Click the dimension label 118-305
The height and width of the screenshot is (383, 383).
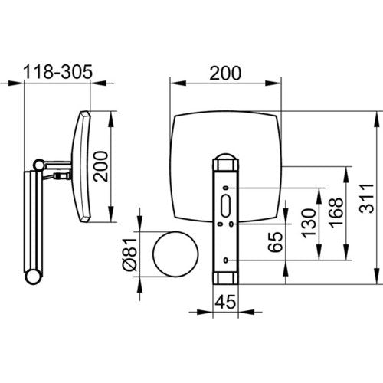[x=57, y=72]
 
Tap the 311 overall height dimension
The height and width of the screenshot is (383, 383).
[x=367, y=198]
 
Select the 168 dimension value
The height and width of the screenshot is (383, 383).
[x=336, y=212]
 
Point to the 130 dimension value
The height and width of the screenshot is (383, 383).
[x=309, y=224]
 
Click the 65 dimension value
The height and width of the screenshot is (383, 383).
[x=276, y=242]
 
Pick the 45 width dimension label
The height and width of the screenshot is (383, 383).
[x=225, y=302]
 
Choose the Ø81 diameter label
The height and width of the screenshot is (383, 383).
[x=130, y=254]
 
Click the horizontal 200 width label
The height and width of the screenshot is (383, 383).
[x=225, y=73]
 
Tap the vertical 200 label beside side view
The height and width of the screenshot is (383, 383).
[x=100, y=166]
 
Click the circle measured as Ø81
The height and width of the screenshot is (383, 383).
[x=175, y=232]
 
